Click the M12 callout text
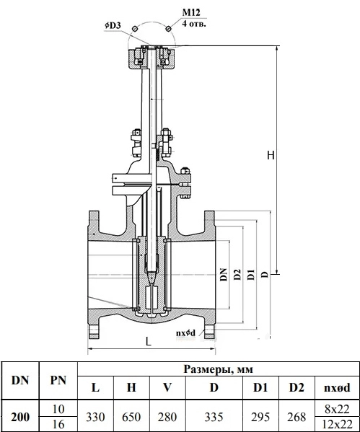coord(191,13)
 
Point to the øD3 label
coord(113,25)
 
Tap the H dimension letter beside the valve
coord(271,155)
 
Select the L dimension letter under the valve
coord(149,342)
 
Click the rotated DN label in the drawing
coord(224,274)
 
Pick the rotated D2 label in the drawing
coord(237,275)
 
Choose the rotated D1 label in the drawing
coord(251,275)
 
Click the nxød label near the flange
coord(186,333)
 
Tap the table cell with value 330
coord(95,417)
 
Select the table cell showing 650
coord(131,417)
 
